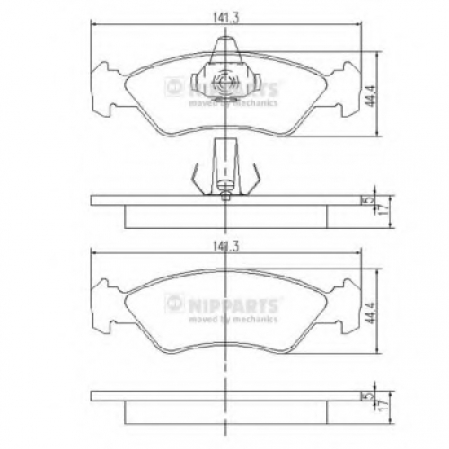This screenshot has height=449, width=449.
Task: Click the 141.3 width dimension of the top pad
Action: [x=225, y=18]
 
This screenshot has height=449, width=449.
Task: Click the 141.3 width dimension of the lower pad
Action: [x=225, y=247]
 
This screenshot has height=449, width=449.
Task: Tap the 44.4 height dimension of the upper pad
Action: [x=371, y=95]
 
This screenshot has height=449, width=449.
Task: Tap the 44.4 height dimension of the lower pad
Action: [x=371, y=313]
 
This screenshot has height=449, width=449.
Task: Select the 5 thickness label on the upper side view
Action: [x=370, y=199]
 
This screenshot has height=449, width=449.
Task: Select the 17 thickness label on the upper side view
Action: [x=384, y=210]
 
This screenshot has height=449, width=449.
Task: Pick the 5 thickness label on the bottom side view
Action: [x=370, y=395]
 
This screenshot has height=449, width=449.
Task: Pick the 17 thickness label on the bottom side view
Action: [x=384, y=405]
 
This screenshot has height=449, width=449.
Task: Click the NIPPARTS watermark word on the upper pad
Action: [x=233, y=89]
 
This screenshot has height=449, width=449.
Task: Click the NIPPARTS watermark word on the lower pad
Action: [x=233, y=304]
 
